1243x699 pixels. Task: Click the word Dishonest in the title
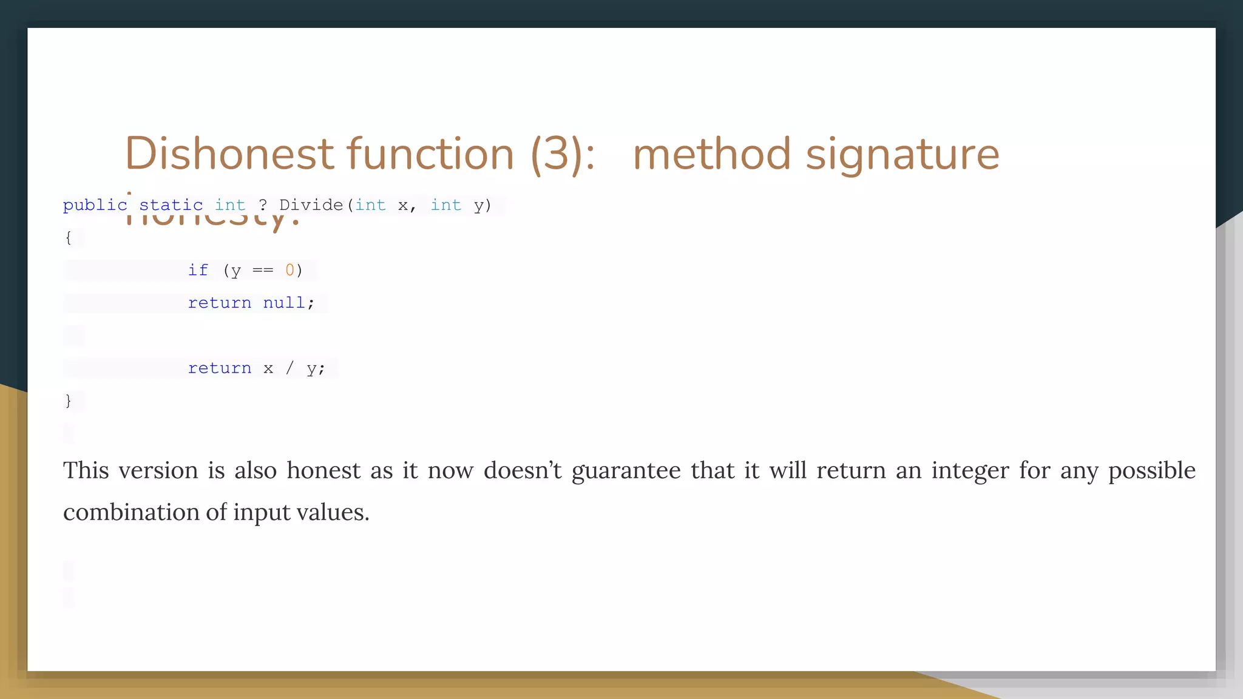[229, 154]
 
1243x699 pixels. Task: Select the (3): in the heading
[563, 154]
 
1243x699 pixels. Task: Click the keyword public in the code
[94, 205]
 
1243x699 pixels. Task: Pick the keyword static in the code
[171, 205]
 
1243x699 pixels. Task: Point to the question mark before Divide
[263, 205]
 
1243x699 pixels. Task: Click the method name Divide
[311, 205]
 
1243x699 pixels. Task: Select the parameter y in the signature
[479, 206]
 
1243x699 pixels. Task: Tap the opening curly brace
[68, 237]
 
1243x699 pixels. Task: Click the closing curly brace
[68, 400]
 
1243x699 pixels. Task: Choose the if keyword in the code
[198, 270]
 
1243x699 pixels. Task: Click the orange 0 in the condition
[290, 270]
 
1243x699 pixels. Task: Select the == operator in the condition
[263, 270]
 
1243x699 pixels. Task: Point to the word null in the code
[283, 303]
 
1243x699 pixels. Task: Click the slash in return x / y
[290, 368]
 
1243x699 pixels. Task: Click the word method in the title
[711, 154]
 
